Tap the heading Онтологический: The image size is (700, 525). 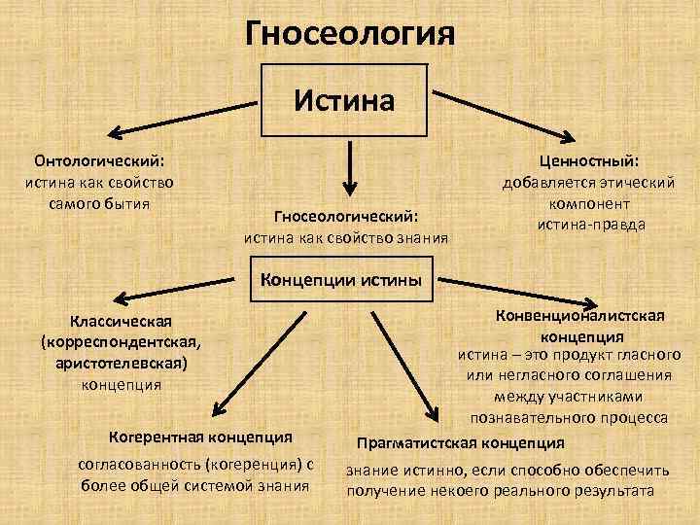point(99,159)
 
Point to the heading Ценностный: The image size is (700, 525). point(588,161)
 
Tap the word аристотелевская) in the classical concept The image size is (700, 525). point(122,363)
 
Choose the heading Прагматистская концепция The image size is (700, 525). point(461,443)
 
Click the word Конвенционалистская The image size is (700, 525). point(580,317)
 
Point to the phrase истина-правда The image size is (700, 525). point(590,225)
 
